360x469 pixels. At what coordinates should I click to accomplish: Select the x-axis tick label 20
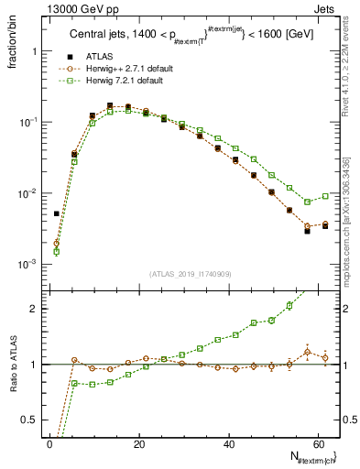tap(138, 444)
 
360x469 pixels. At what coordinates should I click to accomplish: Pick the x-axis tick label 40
tap(227, 444)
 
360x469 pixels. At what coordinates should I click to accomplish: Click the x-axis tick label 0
tap(49, 444)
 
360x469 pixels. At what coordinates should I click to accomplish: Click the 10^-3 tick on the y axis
tap(27, 264)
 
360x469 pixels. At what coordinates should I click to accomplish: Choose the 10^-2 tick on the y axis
tap(27, 193)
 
